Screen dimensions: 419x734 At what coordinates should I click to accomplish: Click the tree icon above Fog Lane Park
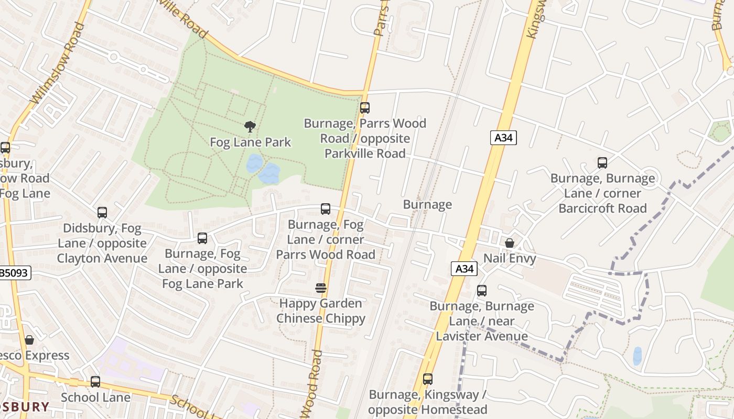(250, 126)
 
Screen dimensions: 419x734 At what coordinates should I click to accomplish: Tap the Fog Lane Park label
(250, 142)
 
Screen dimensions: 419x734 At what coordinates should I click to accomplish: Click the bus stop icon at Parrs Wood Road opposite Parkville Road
(365, 108)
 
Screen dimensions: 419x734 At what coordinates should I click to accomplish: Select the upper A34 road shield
(504, 138)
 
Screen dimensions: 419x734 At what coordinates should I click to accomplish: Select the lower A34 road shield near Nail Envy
(465, 269)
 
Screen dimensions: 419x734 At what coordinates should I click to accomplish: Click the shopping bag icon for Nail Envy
(509, 243)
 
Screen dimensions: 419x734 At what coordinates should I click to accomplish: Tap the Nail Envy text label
(509, 258)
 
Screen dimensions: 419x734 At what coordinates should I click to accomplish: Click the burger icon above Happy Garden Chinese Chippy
(321, 288)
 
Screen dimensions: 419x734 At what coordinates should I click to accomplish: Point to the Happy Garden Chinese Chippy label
(321, 311)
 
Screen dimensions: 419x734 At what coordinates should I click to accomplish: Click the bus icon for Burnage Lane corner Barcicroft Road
(602, 163)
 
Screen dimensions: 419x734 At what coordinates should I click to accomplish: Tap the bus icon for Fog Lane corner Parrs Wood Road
(326, 209)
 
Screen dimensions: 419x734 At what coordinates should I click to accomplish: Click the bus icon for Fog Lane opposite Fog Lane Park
(202, 238)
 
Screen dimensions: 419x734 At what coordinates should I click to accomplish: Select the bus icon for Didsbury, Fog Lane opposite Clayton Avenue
(102, 213)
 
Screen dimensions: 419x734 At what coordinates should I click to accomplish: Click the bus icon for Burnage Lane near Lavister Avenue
(481, 291)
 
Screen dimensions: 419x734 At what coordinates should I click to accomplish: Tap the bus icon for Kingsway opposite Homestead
(428, 379)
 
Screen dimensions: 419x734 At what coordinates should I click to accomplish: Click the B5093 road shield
(14, 272)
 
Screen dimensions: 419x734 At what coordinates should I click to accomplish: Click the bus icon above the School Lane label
(95, 382)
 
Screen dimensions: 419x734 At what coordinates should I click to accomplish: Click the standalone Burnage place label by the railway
(427, 205)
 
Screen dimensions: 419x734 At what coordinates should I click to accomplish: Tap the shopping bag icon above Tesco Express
(29, 340)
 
